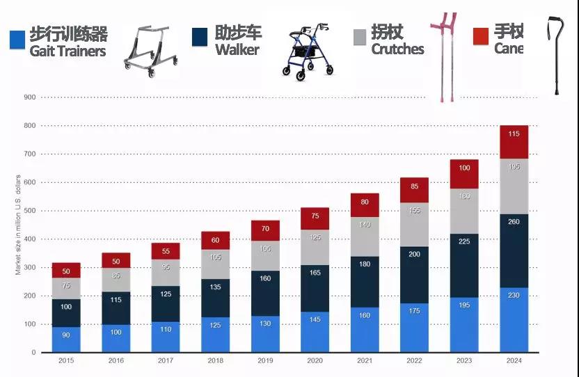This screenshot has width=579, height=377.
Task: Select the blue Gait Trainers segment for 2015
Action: (x=66, y=339)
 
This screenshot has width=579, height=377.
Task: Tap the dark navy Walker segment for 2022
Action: (x=414, y=275)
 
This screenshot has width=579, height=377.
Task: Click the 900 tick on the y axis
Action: (x=29, y=97)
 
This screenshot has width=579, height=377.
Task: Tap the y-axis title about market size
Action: (x=18, y=224)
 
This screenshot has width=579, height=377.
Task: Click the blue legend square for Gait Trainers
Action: (x=17, y=40)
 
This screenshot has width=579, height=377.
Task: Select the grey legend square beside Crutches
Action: (x=360, y=37)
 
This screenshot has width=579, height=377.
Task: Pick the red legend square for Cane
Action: (x=480, y=36)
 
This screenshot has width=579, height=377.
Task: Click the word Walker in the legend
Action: (x=237, y=50)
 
